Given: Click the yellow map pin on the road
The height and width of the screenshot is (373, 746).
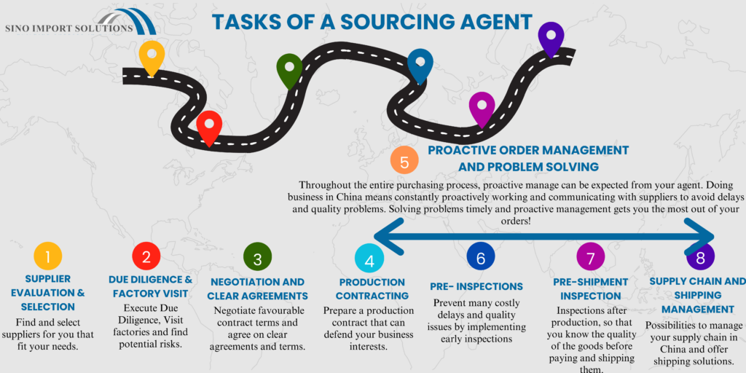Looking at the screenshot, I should pyautogui.click(x=152, y=56).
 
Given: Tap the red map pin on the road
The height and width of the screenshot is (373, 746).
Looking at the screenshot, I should pyautogui.click(x=209, y=126).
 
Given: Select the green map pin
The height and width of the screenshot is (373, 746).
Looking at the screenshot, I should pyautogui.click(x=290, y=69).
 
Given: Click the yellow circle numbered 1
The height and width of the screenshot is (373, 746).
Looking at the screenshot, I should pyautogui.click(x=48, y=256).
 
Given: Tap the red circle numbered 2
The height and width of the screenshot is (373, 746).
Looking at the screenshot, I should pyautogui.click(x=146, y=256).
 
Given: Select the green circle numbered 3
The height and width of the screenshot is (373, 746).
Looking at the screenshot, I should pyautogui.click(x=257, y=258).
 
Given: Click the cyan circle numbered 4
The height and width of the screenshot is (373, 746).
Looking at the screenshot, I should pyautogui.click(x=369, y=259).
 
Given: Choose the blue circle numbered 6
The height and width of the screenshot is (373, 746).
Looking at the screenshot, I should pyautogui.click(x=480, y=257).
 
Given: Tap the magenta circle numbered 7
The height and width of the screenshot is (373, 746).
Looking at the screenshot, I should pyautogui.click(x=590, y=257).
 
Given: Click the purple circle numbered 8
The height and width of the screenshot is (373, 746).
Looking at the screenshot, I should pyautogui.click(x=700, y=257).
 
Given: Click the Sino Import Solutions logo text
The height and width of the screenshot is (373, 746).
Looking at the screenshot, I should pyautogui.click(x=68, y=28).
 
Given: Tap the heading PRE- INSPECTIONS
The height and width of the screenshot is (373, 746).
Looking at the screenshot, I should pyautogui.click(x=476, y=286).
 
